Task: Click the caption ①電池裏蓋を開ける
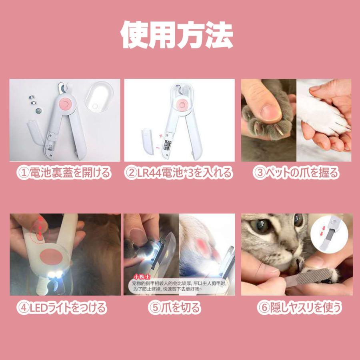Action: click(x=64, y=173)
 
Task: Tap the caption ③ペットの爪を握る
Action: click(x=296, y=173)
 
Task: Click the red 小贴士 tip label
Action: click(x=140, y=276)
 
